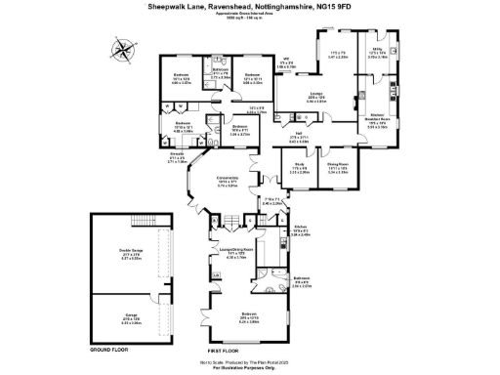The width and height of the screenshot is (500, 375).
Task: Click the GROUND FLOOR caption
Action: (x=104, y=349)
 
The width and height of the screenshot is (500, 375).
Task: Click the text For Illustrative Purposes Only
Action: (x=250, y=367)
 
